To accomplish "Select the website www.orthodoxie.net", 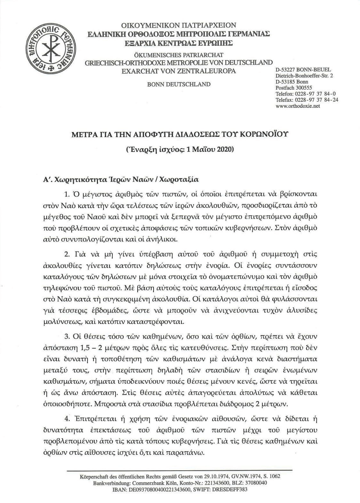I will tap(298, 106).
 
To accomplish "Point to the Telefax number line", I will tap(307, 100).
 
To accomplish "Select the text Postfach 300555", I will tap(293, 88).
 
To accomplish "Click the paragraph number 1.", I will tap(67, 194).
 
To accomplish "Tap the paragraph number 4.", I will tap(67, 418).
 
